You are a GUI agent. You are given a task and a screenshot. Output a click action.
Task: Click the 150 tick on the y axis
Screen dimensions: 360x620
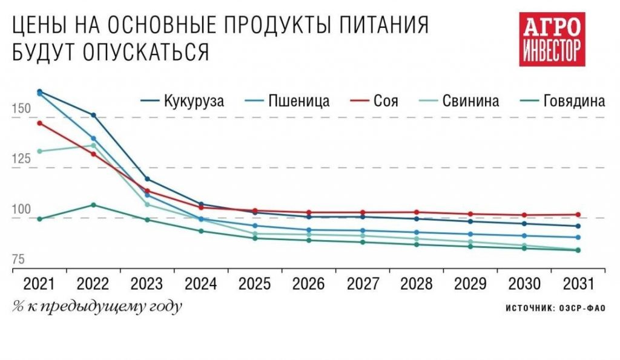tap(22, 110)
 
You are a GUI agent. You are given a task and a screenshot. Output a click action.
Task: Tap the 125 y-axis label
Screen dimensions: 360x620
tap(22, 159)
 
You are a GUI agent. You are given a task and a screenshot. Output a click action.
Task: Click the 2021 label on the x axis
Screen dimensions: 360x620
tap(40, 284)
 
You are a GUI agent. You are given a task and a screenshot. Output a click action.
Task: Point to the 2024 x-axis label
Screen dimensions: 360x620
tap(200, 284)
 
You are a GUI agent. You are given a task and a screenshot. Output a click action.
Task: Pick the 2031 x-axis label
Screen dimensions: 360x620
tap(577, 284)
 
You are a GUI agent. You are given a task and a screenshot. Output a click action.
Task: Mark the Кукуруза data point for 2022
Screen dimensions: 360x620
tap(93, 115)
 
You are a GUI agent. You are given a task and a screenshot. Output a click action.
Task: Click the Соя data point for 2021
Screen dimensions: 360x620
tap(40, 123)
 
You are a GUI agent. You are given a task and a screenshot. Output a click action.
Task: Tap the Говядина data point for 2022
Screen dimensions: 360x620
tap(93, 205)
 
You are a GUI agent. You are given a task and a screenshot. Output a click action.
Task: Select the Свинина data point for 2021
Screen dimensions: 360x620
tap(40, 151)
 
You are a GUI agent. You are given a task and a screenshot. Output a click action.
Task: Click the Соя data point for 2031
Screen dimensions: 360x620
tap(578, 215)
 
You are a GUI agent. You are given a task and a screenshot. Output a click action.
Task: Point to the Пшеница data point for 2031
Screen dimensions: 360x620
tap(578, 237)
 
